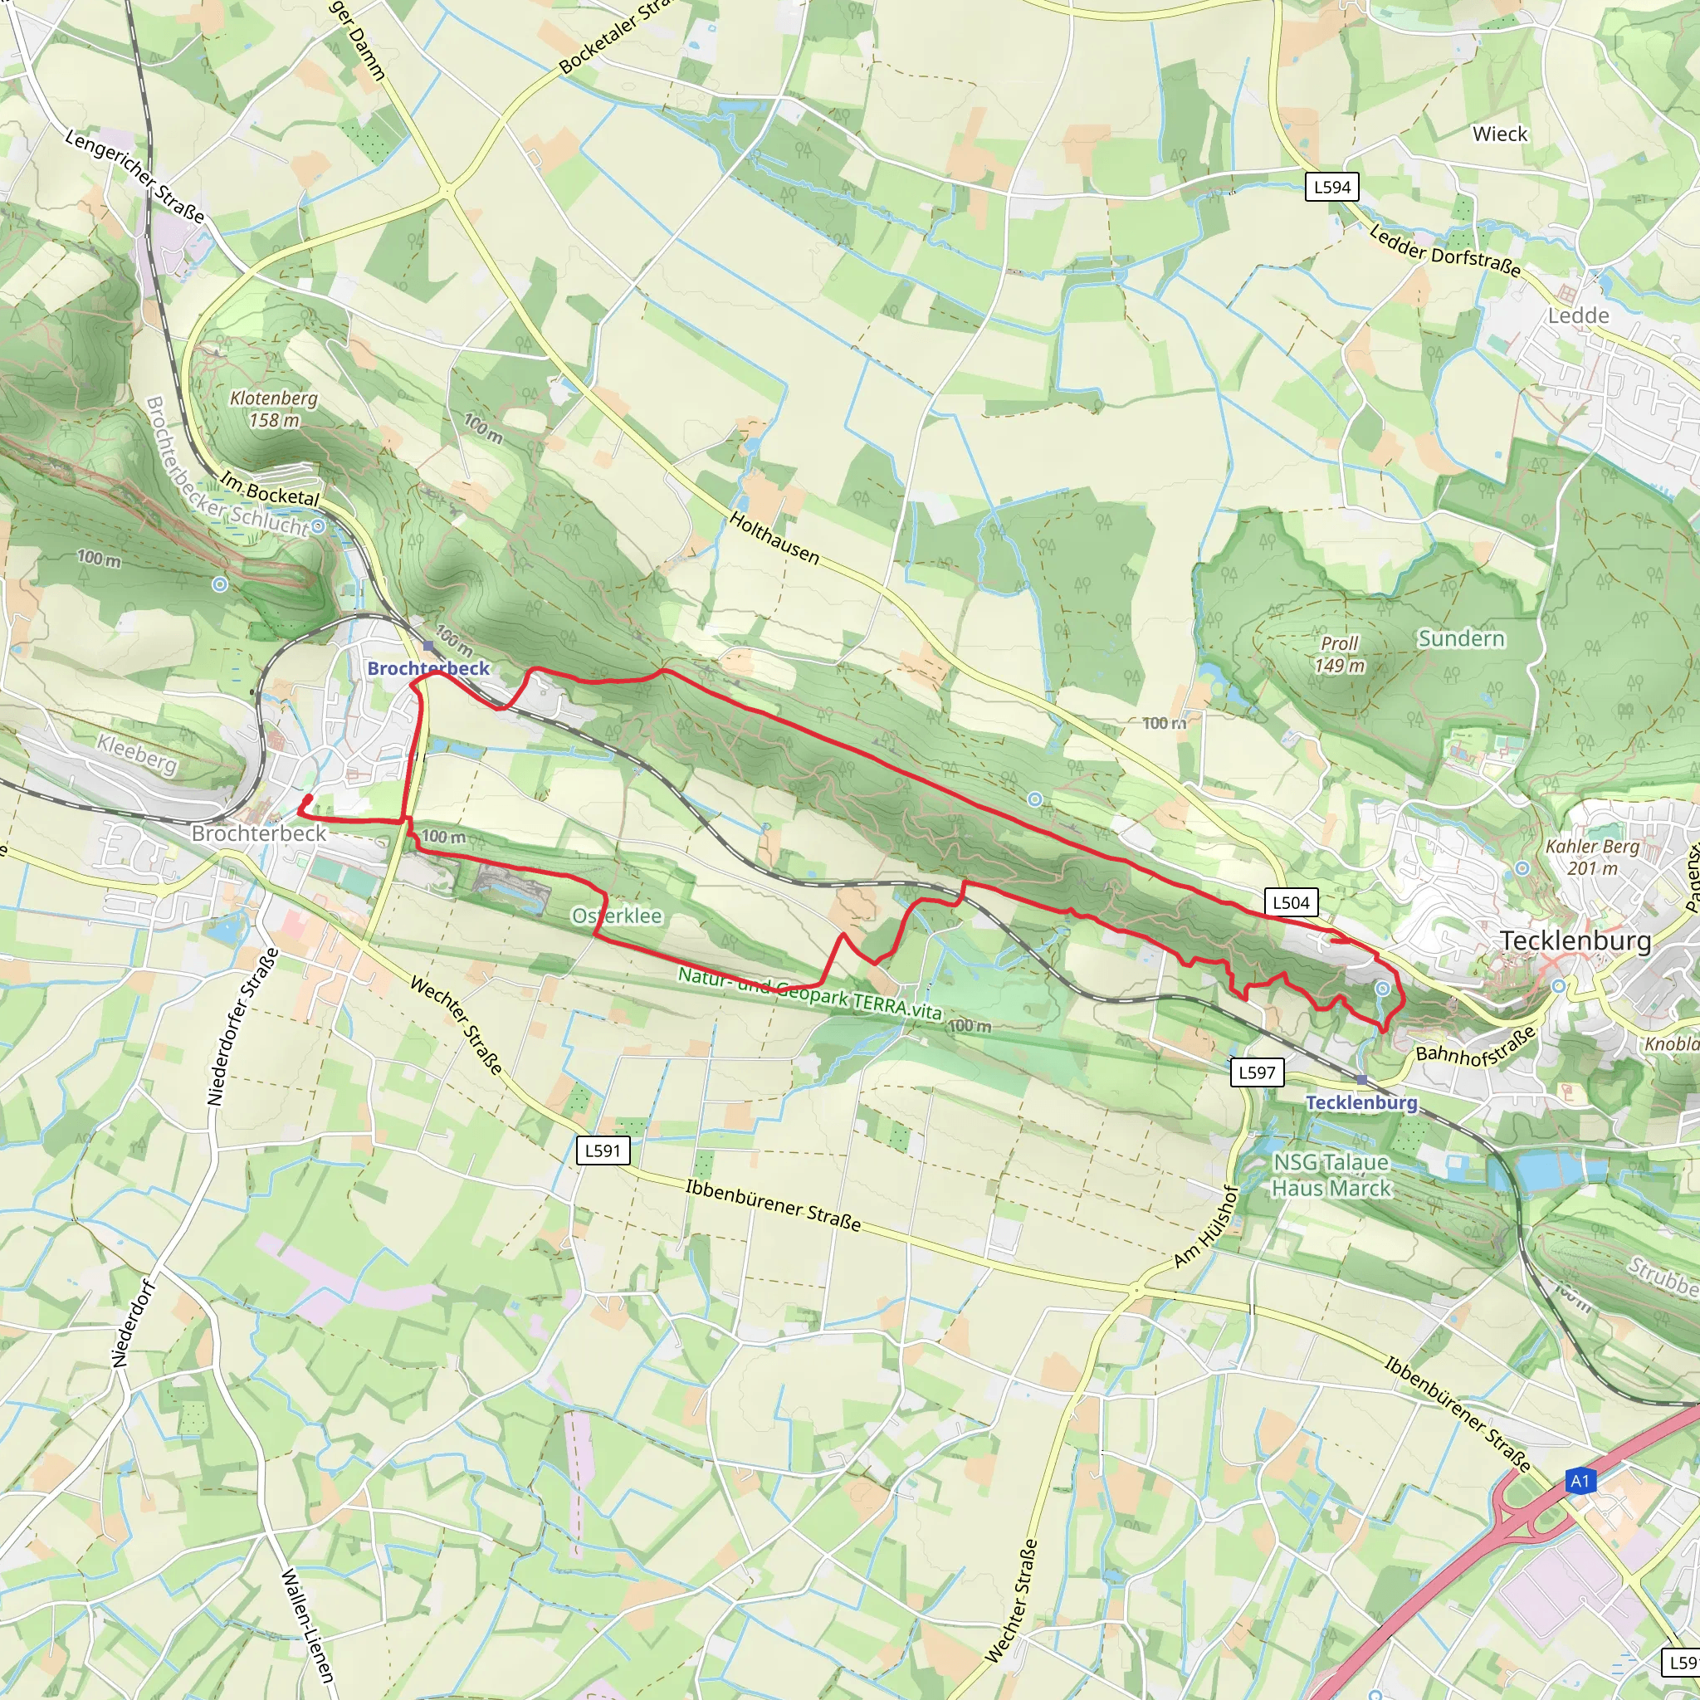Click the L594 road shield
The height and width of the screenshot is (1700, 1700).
coord(1331,187)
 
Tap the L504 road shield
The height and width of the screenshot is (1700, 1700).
coord(1291,902)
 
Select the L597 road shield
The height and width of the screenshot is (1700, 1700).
coord(1257,1072)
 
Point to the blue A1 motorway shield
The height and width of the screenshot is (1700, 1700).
coord(1580,1481)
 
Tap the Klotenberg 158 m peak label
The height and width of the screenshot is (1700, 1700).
coord(274,409)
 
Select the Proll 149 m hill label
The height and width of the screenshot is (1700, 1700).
coord(1339,655)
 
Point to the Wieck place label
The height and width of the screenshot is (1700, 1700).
coord(1500,134)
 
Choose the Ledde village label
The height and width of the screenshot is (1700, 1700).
coord(1579,316)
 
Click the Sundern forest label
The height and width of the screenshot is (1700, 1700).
coord(1461,639)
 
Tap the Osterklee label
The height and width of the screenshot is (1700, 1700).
coord(617,916)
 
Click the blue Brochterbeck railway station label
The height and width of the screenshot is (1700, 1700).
coord(428,668)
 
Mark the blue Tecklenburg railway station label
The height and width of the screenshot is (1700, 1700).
coord(1361,1102)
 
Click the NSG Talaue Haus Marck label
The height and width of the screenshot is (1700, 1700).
coord(1331,1175)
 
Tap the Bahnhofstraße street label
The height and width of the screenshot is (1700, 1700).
coord(1476,1045)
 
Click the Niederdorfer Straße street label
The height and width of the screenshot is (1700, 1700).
coord(242,1027)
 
